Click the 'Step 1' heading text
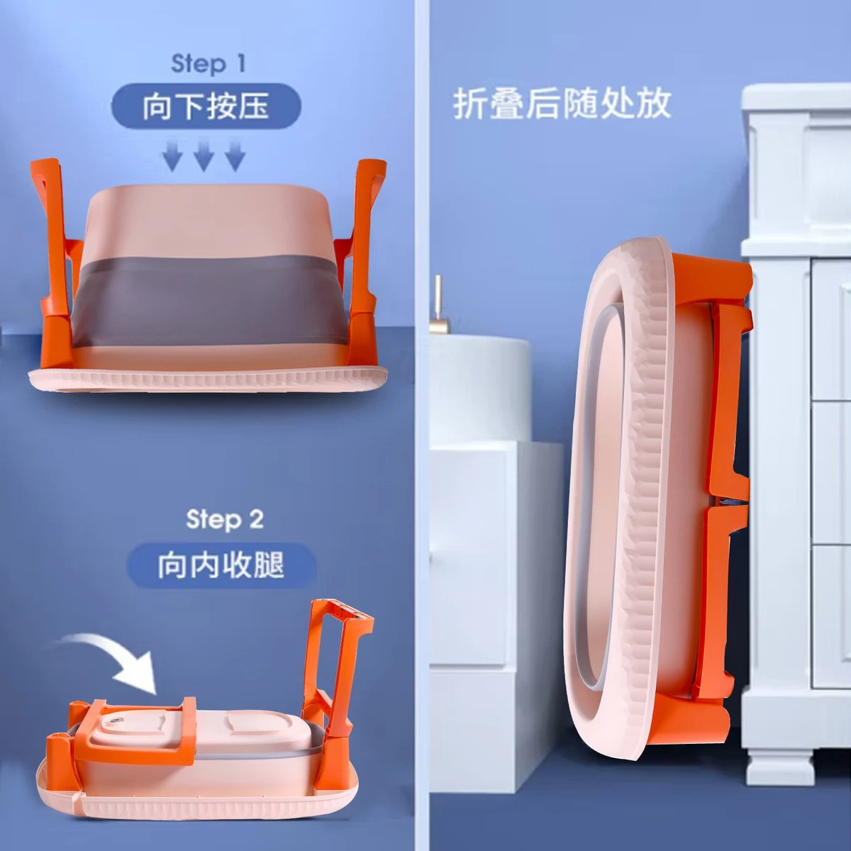(208, 64)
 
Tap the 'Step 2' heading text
(225, 519)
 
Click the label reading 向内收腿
(221, 566)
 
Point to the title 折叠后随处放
(562, 104)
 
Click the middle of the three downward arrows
(204, 155)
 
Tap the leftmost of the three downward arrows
(172, 155)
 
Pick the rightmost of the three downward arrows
(235, 155)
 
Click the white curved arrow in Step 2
(111, 658)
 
